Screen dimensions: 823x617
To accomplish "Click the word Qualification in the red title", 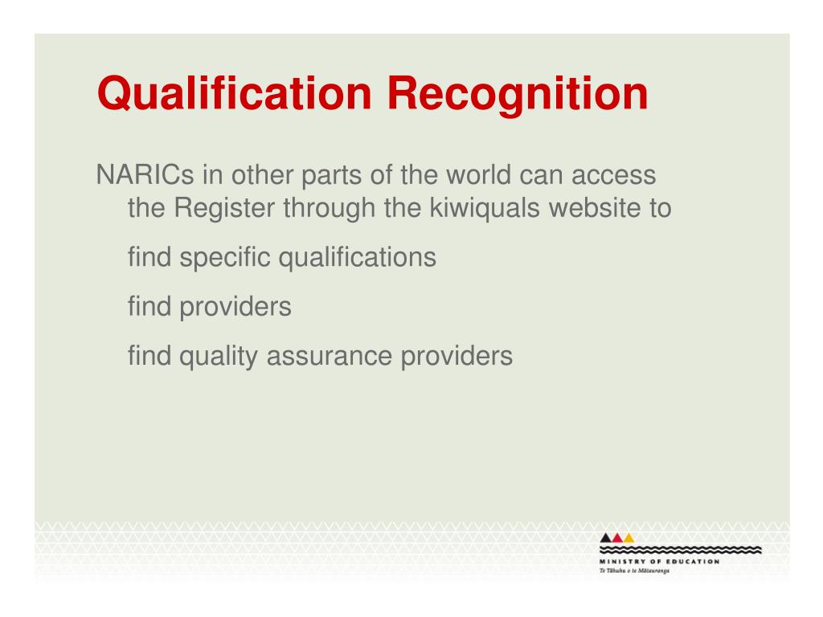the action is [235, 94].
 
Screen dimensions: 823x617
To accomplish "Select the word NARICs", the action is [145, 174].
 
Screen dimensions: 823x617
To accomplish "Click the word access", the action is [613, 176].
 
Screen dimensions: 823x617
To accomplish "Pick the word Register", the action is [224, 208].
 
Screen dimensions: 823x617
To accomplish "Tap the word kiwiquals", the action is [485, 208].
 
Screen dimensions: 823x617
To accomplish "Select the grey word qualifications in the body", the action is [357, 258].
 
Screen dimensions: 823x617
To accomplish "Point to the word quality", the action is [219, 356].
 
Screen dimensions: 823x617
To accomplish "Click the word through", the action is [329, 208].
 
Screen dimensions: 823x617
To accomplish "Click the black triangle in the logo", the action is [605, 537].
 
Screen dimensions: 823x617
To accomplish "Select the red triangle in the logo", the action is [616, 537].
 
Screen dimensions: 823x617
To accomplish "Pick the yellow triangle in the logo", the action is [629, 537].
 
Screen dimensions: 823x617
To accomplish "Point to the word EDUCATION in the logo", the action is [693, 562].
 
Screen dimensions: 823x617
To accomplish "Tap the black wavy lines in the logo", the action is [680, 550].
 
